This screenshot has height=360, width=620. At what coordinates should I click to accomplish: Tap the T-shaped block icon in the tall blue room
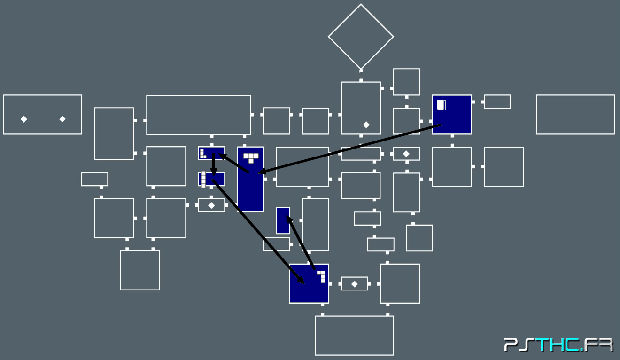coord(251,157)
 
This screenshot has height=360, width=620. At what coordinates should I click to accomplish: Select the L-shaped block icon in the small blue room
coord(203,153)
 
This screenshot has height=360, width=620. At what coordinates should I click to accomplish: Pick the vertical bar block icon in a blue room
coord(203,179)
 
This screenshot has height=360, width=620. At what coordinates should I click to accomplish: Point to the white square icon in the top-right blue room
coord(441,105)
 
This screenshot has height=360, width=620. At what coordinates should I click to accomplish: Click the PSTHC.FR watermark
coord(558,345)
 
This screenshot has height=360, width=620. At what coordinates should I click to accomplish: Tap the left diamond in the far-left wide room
coord(24,119)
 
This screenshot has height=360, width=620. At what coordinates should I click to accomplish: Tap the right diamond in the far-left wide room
coord(62,119)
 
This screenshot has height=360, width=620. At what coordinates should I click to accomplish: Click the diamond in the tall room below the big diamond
coord(366,125)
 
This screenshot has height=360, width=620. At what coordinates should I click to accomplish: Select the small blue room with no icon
coord(283,221)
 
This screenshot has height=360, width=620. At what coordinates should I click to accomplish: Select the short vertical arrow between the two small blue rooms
coord(214,164)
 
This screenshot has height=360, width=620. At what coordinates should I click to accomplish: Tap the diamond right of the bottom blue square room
coord(355,284)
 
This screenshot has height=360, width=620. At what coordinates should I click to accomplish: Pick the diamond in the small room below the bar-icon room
coord(211,205)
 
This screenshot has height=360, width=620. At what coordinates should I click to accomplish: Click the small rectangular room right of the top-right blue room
coord(497,102)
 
